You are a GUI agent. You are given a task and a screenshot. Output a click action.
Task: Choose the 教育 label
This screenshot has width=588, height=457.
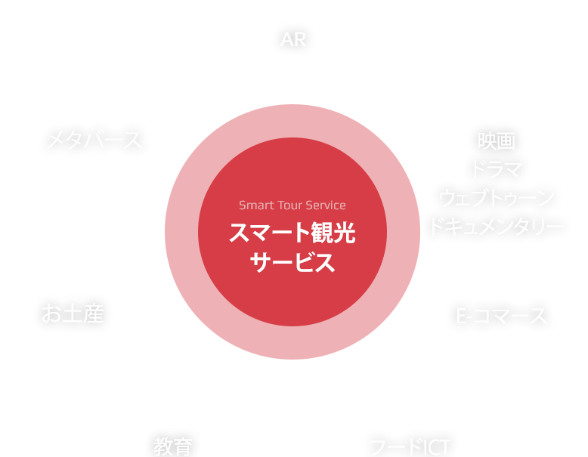[x=173, y=446]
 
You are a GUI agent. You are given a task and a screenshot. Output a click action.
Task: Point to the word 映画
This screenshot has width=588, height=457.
[x=496, y=141]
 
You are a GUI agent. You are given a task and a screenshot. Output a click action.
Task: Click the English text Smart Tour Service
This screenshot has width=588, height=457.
[x=292, y=205]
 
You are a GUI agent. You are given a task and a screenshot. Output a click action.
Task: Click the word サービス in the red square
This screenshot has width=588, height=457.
[x=292, y=263]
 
